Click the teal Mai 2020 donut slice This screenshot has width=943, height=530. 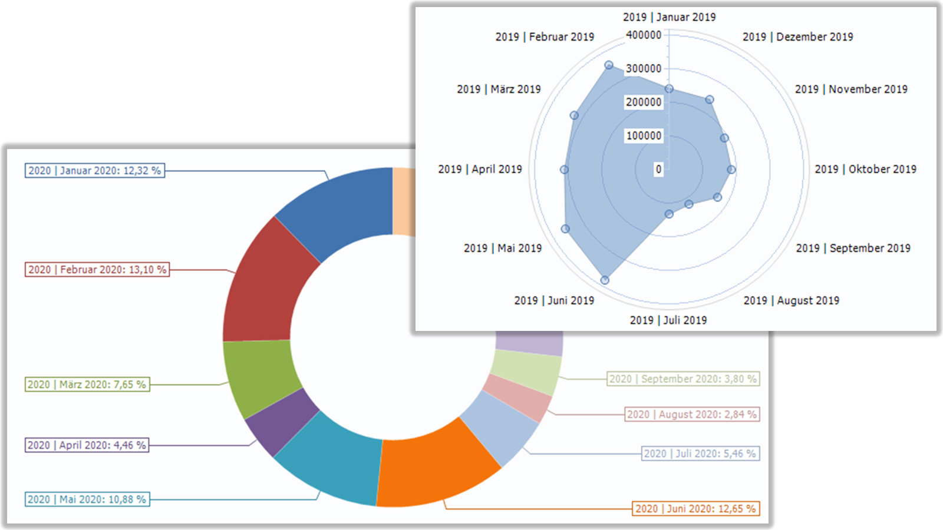[x=330, y=459]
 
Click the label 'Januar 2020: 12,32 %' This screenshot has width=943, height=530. [x=94, y=171]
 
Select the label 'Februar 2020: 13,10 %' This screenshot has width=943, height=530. [x=97, y=270]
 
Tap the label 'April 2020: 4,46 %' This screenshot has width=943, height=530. [x=87, y=445]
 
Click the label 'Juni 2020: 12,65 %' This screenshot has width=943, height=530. [x=695, y=509]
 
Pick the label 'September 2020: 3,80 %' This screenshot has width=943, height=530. [x=683, y=379]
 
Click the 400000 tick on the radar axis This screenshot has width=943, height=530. [x=644, y=35]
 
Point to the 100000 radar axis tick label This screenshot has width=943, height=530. [x=644, y=136]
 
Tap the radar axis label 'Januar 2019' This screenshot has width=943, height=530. [x=669, y=17]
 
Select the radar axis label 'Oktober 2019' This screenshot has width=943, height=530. [x=865, y=170]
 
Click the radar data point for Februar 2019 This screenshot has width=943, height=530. [x=609, y=65]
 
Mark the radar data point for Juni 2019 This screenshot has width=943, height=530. [x=605, y=280]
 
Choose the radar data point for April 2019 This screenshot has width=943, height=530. [x=564, y=170]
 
